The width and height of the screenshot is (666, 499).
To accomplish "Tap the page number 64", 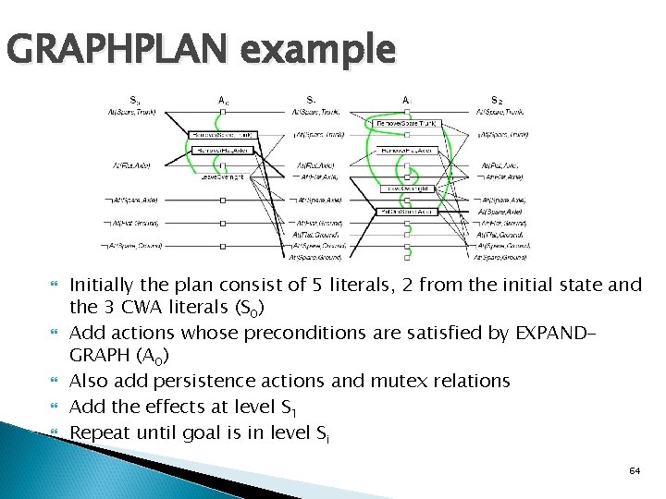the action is pos(635,470).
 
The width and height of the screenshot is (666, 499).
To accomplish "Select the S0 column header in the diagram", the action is pos(135,100).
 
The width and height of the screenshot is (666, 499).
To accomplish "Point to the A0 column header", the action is pos(223,100).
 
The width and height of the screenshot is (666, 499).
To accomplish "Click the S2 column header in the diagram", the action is pos(498,100).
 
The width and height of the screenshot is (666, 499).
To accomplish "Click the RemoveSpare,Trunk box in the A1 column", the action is pos(406,123).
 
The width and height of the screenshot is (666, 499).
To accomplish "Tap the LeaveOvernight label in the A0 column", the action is pos(223,176).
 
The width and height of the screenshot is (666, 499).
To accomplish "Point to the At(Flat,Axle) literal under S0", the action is pos(132,166).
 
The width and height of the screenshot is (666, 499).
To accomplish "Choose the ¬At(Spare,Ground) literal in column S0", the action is pos(133,246).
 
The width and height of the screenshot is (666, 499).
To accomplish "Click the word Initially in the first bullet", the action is pos(104,286).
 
